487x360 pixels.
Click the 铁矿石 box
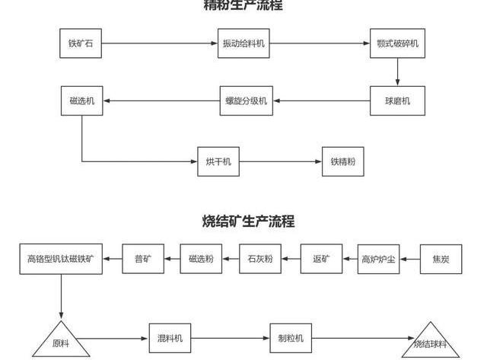coord(80,43)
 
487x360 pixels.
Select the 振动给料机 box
coord(243,43)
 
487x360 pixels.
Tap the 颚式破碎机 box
coord(396,43)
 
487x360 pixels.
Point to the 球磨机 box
coord(396,101)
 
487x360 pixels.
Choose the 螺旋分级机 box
coord(245,101)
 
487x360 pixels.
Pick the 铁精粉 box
coord(342,162)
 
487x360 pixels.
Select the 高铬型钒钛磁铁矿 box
coord(61,260)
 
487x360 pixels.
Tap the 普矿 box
coord(142,260)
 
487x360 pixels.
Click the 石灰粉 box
coord(260,260)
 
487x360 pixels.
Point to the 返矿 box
coord(321,260)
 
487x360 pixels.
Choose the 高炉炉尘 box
coord(379,260)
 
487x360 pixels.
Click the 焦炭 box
coord(441,260)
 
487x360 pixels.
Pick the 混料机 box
coord(170,338)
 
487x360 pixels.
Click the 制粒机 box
coord(291,338)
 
